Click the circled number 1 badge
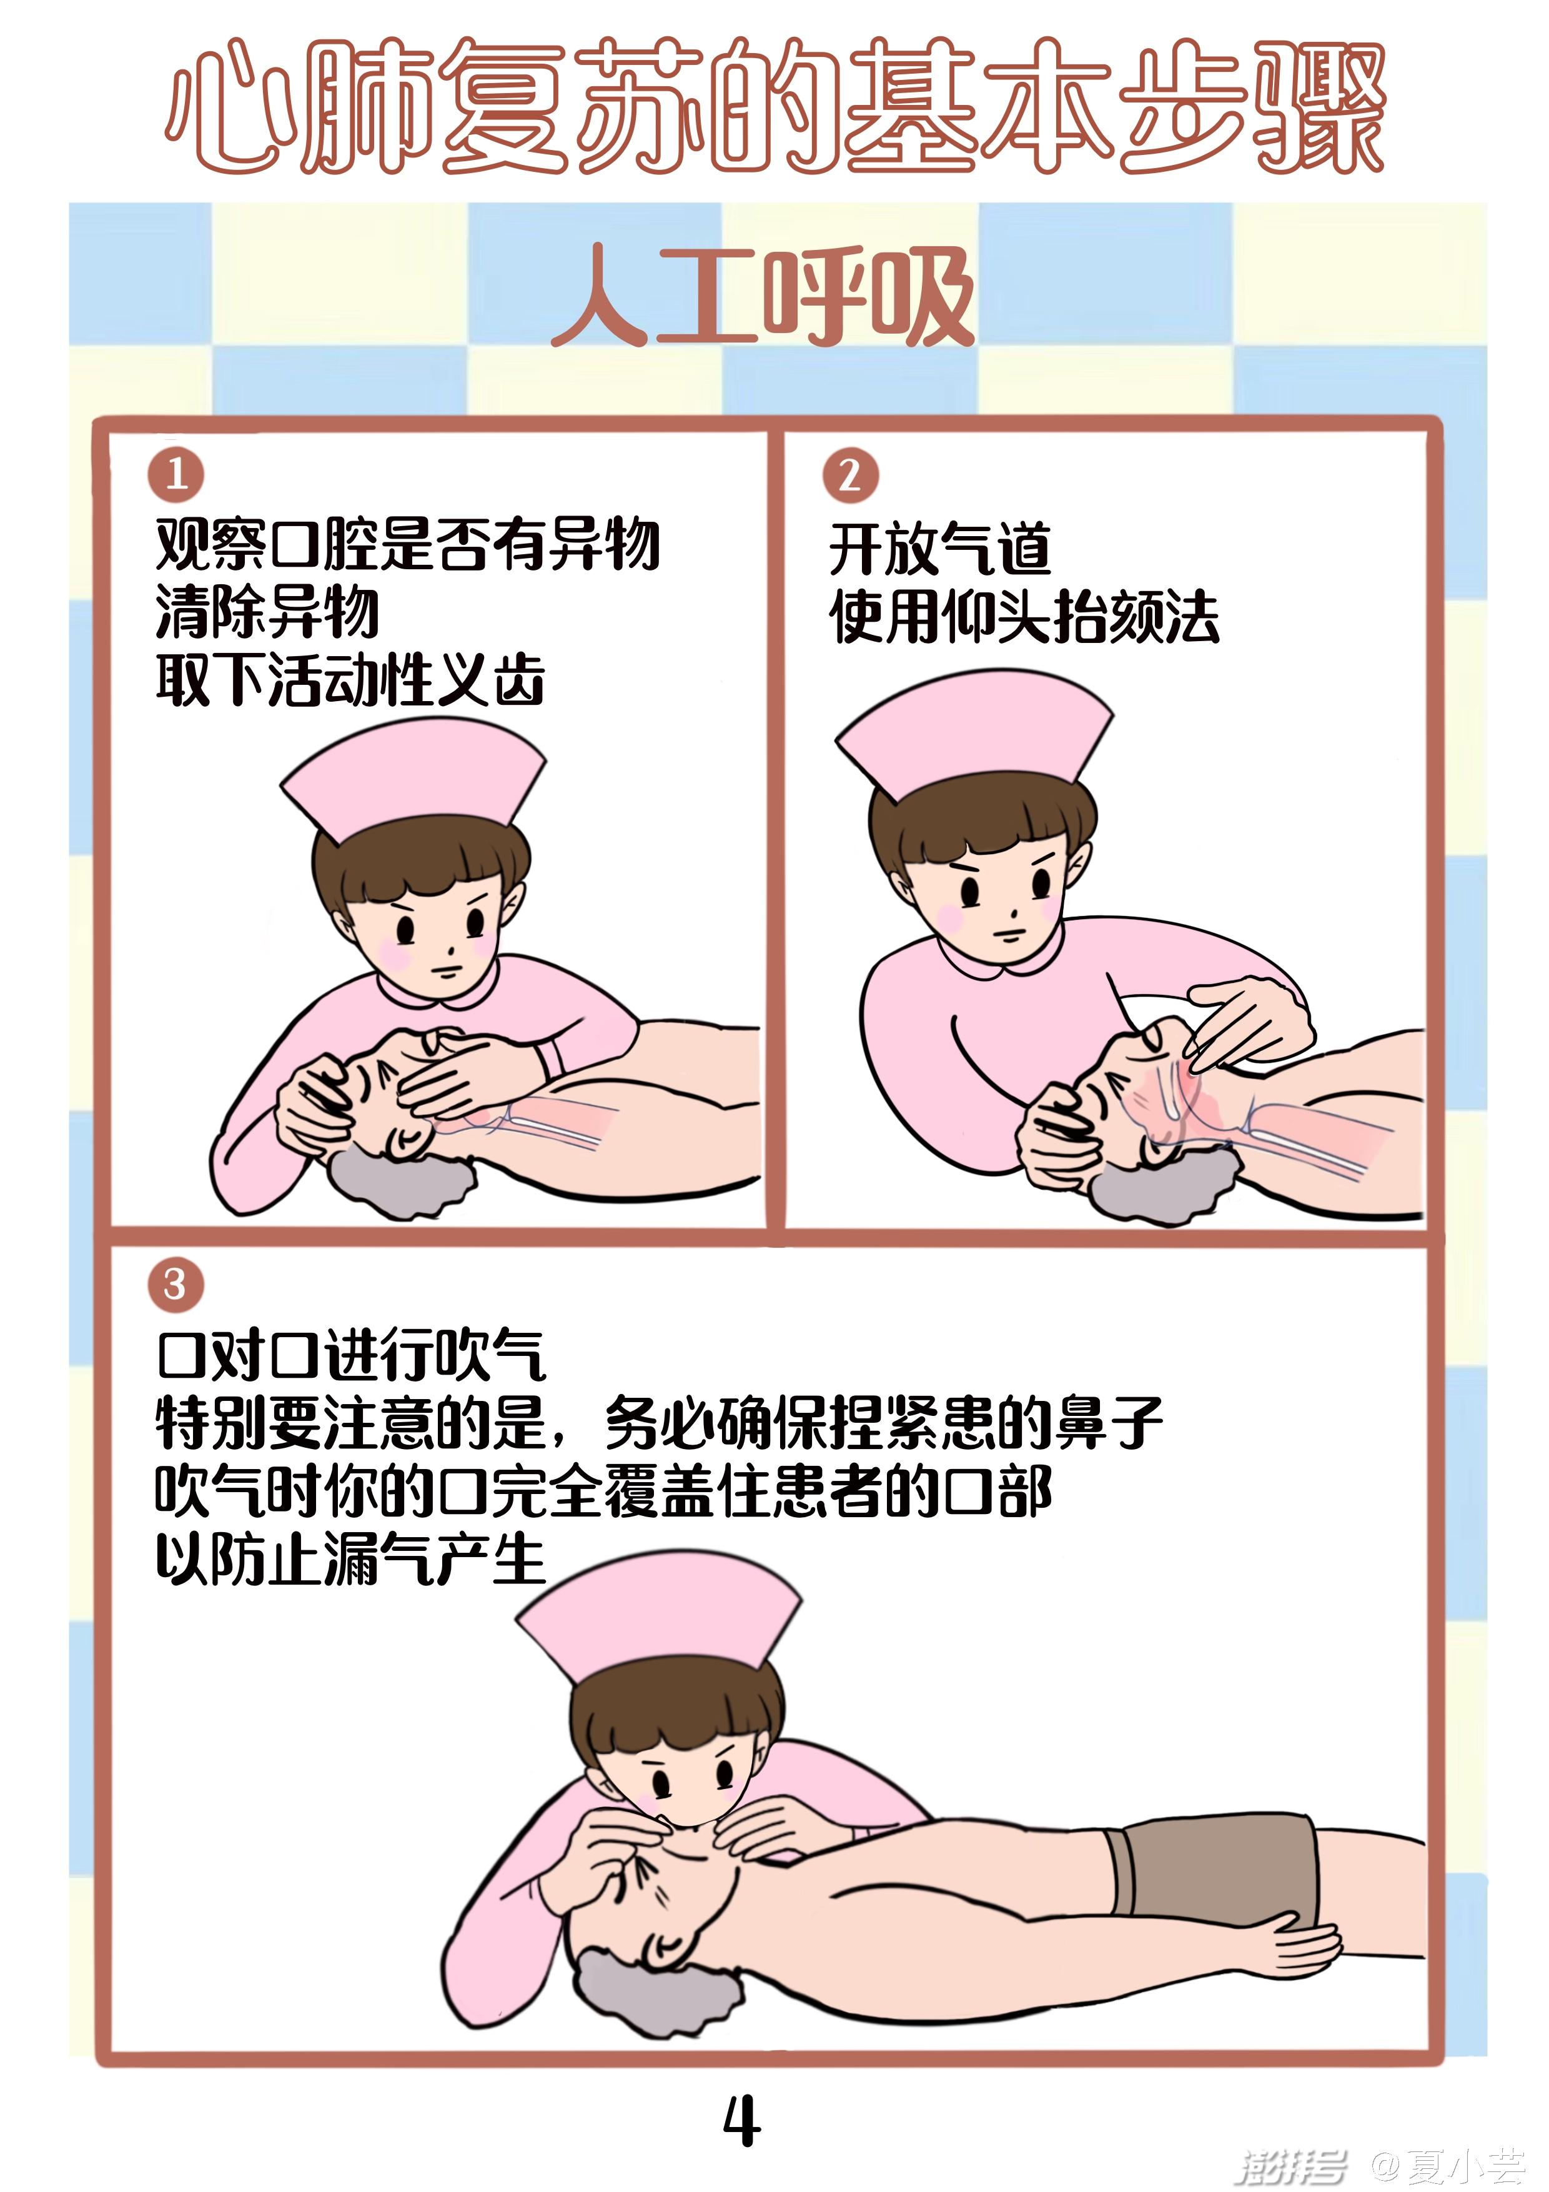pyautogui.click(x=176, y=474)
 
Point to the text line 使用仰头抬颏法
pyautogui.click(x=1024, y=617)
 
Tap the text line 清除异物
pyautogui.click(x=267, y=611)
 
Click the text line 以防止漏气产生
pyautogui.click(x=350, y=1559)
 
